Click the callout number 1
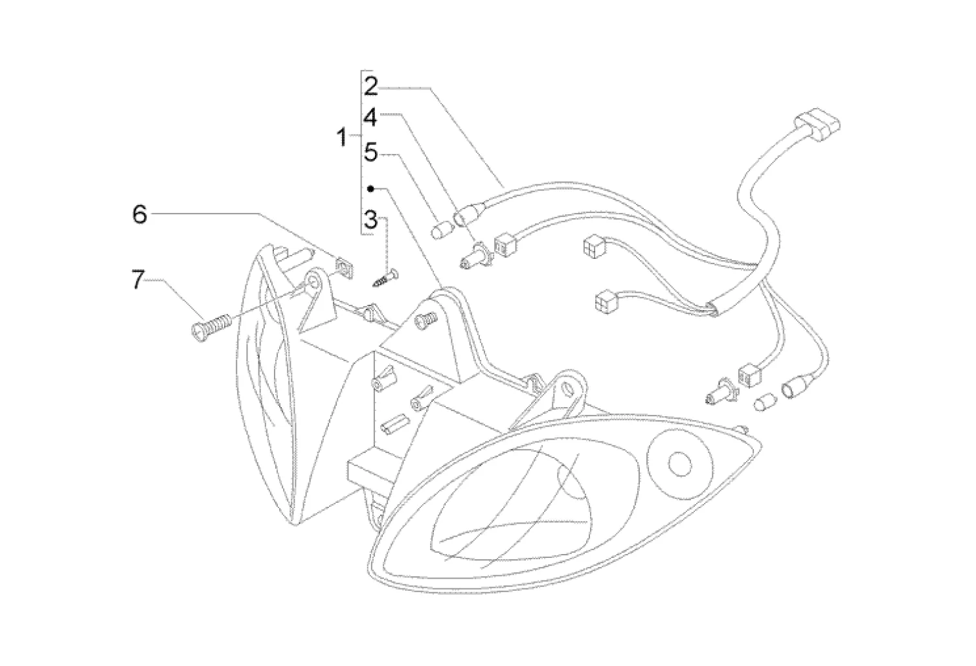coord(341,137)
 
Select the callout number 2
coord(370,86)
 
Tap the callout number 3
coord(370,219)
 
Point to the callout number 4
coord(370,118)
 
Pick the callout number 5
coord(370,153)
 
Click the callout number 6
coord(140,214)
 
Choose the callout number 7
coord(137,280)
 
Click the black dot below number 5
coord(370,188)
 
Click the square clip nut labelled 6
coord(345,267)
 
